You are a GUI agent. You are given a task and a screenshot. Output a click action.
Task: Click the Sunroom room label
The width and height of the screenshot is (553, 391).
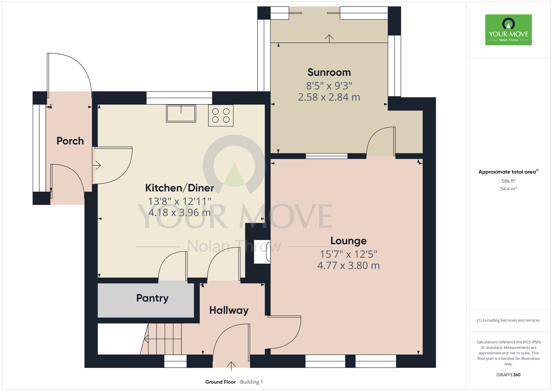click(x=329, y=72)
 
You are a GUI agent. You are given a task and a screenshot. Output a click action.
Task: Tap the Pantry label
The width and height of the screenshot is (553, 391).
click(x=152, y=298)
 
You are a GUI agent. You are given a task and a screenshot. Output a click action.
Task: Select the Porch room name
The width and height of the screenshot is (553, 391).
click(x=70, y=141)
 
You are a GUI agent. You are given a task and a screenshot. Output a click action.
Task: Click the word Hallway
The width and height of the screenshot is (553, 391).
click(x=229, y=311)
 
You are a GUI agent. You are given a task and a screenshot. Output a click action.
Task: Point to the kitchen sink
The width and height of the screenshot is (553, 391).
click(x=181, y=113)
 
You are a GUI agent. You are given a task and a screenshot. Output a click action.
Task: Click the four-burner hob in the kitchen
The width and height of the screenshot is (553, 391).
click(x=221, y=116)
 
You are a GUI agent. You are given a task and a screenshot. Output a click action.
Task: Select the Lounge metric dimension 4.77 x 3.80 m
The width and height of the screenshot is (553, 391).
click(x=348, y=266)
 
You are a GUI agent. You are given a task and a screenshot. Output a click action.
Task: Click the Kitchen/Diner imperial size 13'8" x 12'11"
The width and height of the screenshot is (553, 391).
click(x=180, y=201)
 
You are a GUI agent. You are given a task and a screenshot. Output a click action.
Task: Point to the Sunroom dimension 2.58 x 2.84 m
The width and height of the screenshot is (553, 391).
click(x=329, y=97)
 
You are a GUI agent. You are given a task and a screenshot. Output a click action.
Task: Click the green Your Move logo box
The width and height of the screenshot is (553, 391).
click(x=508, y=30)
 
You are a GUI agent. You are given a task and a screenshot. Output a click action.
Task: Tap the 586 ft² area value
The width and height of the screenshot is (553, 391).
click(x=508, y=181)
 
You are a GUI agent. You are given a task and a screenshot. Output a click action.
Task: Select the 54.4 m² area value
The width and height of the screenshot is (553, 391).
click(x=508, y=189)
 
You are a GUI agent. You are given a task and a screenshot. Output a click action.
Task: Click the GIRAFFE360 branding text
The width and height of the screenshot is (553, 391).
click(x=508, y=375)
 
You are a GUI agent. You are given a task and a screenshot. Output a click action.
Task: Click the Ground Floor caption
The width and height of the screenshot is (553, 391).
click(x=220, y=382)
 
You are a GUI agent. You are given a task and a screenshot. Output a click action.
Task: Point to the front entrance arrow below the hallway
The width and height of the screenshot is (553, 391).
click(x=231, y=366)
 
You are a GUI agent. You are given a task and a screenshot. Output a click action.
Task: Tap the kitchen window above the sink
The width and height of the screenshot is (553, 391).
click(x=179, y=98)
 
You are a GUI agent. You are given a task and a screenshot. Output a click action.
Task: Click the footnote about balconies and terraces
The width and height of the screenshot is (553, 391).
click(x=508, y=320)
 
